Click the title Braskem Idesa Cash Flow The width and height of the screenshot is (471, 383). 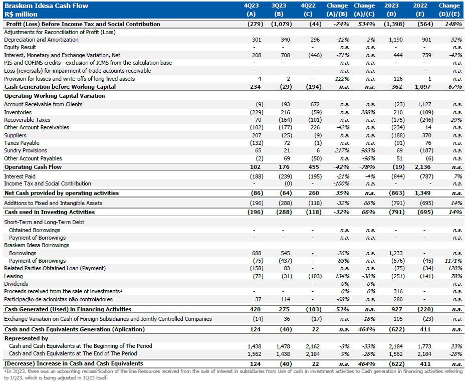coord(46,6)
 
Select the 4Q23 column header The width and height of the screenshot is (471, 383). coord(252,6)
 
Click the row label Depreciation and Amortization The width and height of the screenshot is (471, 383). coord(41,40)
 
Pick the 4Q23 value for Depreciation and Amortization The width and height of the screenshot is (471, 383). coord(256,40)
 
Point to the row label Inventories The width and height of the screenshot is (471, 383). coord(18,112)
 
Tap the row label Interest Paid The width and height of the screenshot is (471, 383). coord(20,176)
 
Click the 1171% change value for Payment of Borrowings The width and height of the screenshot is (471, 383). coord(453,261)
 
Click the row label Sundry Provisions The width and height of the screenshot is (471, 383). coord(26,150)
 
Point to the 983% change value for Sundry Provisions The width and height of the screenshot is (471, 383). coord(368,150)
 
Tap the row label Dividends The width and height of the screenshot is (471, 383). coord(16,284)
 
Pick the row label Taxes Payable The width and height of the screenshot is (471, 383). coord(22,143)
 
